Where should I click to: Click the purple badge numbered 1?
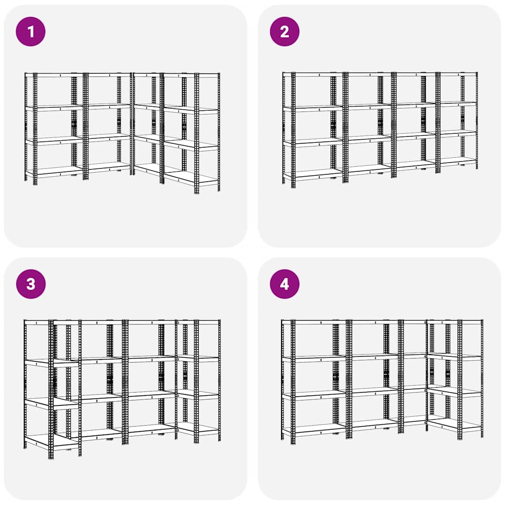31,32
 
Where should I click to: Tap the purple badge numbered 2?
285,32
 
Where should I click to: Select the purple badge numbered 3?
31,284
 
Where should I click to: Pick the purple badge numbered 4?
285,284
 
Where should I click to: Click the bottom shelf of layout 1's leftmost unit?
54,172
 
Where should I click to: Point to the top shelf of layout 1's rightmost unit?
191,75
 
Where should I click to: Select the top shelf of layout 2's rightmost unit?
458,74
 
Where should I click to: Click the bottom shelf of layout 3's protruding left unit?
52,440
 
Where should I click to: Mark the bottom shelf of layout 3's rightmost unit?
198,429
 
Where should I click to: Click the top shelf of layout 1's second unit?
108,75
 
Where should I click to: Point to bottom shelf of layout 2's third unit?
416,164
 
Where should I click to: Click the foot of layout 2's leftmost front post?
293,186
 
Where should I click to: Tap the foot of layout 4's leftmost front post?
293,442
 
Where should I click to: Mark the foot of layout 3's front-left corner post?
51,457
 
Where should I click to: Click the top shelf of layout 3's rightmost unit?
198,323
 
